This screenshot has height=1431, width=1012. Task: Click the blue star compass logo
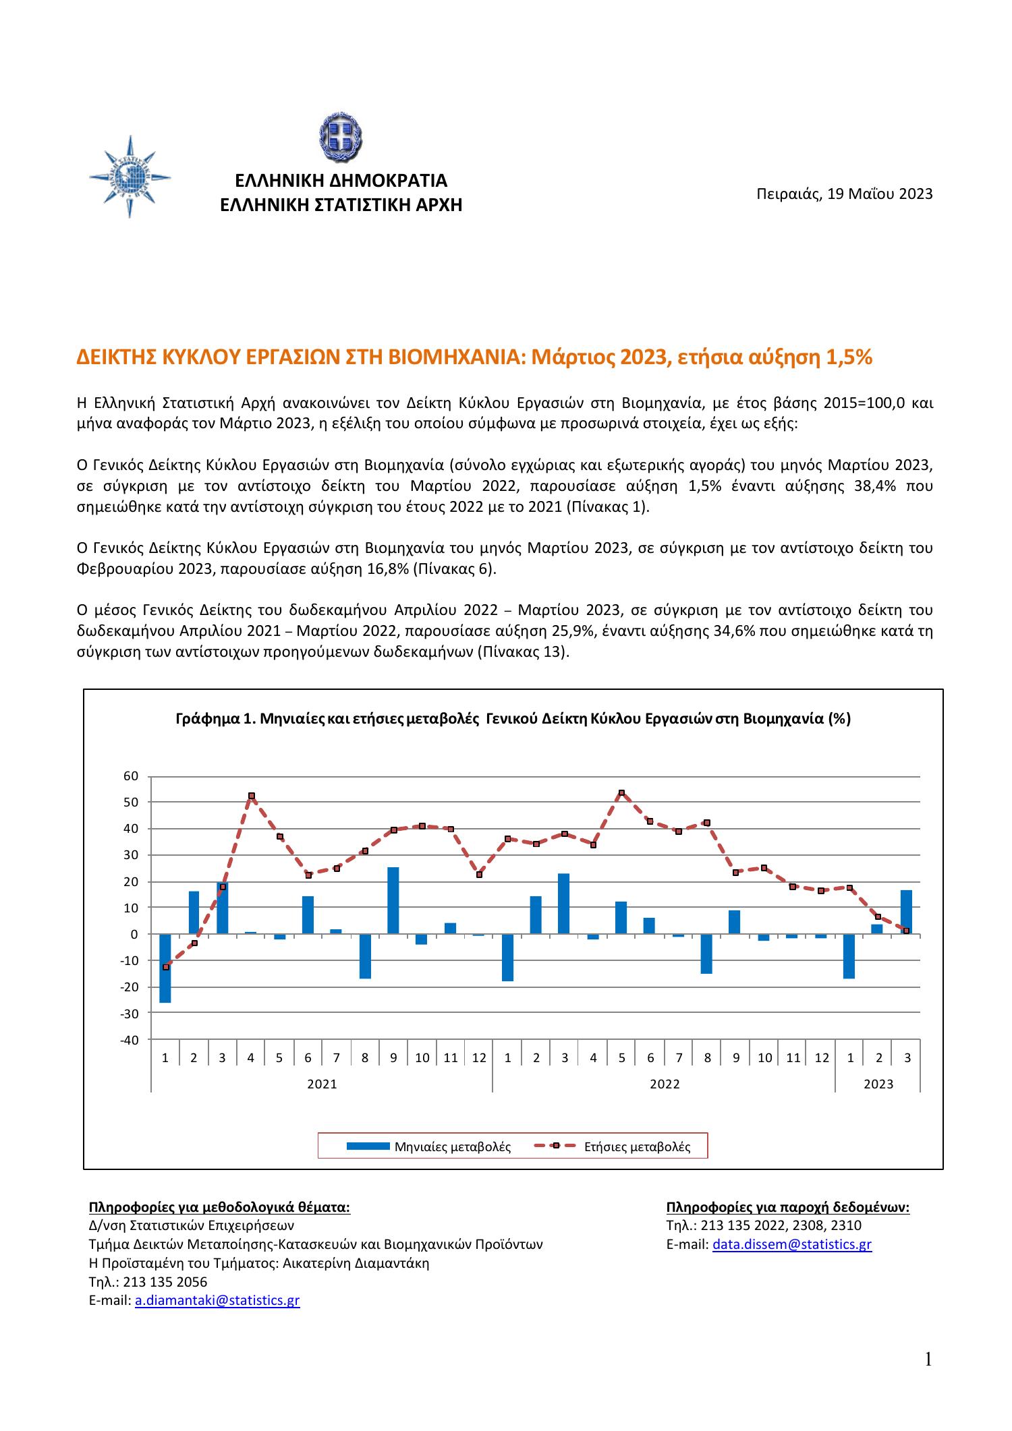[130, 177]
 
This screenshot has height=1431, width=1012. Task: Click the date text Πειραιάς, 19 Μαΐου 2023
[844, 195]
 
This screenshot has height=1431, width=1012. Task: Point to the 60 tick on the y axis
[130, 776]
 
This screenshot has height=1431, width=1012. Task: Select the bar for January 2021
[165, 968]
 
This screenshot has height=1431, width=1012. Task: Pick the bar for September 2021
[393, 901]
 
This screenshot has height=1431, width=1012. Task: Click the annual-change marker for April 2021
[251, 796]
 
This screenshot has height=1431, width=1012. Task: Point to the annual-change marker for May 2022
[621, 793]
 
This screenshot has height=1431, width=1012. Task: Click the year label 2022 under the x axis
[665, 1084]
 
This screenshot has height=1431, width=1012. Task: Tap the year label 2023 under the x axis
[878, 1084]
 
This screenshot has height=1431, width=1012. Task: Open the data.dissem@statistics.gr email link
[792, 1244]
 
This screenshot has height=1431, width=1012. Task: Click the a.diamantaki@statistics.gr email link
[217, 1301]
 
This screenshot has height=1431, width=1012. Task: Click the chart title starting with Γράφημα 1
[513, 719]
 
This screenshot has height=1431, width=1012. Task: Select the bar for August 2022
[706, 954]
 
